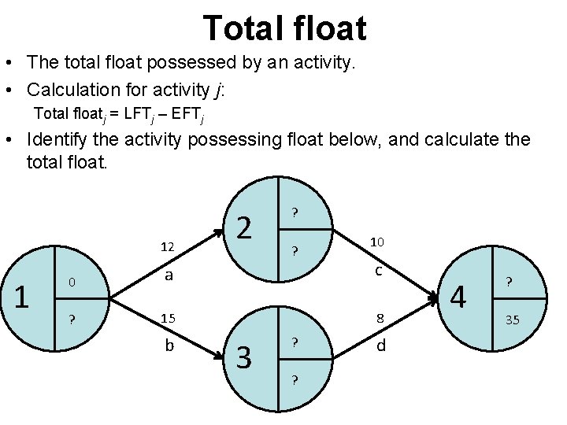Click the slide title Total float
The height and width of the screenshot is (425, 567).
point(284,28)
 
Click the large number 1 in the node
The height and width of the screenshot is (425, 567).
point(23,297)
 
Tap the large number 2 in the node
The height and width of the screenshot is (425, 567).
point(245,228)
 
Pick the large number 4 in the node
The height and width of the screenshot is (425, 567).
point(457,298)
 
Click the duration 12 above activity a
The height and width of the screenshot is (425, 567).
point(166,247)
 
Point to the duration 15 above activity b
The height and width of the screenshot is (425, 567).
point(168,319)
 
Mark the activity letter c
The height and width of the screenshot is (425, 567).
point(378,271)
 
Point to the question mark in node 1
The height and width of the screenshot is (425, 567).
point(71,320)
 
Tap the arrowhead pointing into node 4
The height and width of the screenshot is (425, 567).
point(433,298)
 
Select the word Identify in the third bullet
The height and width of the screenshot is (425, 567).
point(57,140)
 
